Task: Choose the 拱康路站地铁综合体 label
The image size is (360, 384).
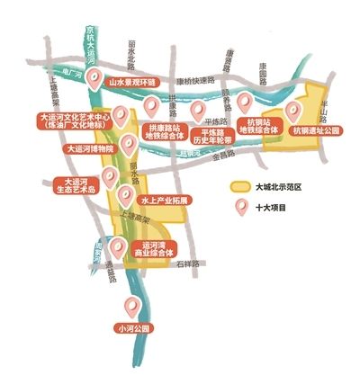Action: pyautogui.click(x=163, y=135)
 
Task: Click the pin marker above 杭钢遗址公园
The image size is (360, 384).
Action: pyautogui.click(x=292, y=112)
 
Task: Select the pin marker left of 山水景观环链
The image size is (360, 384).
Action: pyautogui.click(x=93, y=79)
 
